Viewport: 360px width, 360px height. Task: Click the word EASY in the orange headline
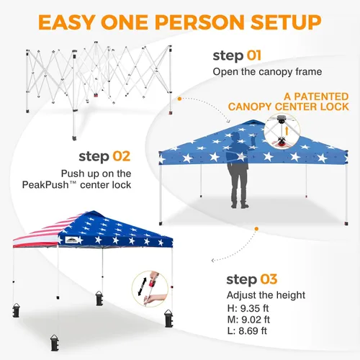point(67,22)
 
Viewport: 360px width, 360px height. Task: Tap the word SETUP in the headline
point(286,22)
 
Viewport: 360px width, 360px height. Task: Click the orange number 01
point(253,55)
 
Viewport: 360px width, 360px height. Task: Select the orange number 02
point(122,156)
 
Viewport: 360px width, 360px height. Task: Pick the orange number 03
point(269,279)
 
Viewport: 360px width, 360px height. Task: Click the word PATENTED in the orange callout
point(321,96)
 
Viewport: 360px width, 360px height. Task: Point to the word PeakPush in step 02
point(45,185)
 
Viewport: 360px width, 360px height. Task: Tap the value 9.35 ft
point(254,308)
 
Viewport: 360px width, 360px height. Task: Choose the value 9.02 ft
point(256,320)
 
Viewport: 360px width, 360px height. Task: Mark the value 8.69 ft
point(253,330)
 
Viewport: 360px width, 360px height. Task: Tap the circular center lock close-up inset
point(282,131)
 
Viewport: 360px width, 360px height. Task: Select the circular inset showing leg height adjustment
point(150,289)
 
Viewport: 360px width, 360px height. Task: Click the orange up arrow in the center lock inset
point(287,131)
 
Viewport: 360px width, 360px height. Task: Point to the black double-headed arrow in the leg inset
point(142,287)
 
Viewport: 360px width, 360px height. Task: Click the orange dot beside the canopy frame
point(179,99)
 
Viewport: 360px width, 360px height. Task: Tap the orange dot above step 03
point(256,229)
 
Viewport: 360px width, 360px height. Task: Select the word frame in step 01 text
point(309,71)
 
